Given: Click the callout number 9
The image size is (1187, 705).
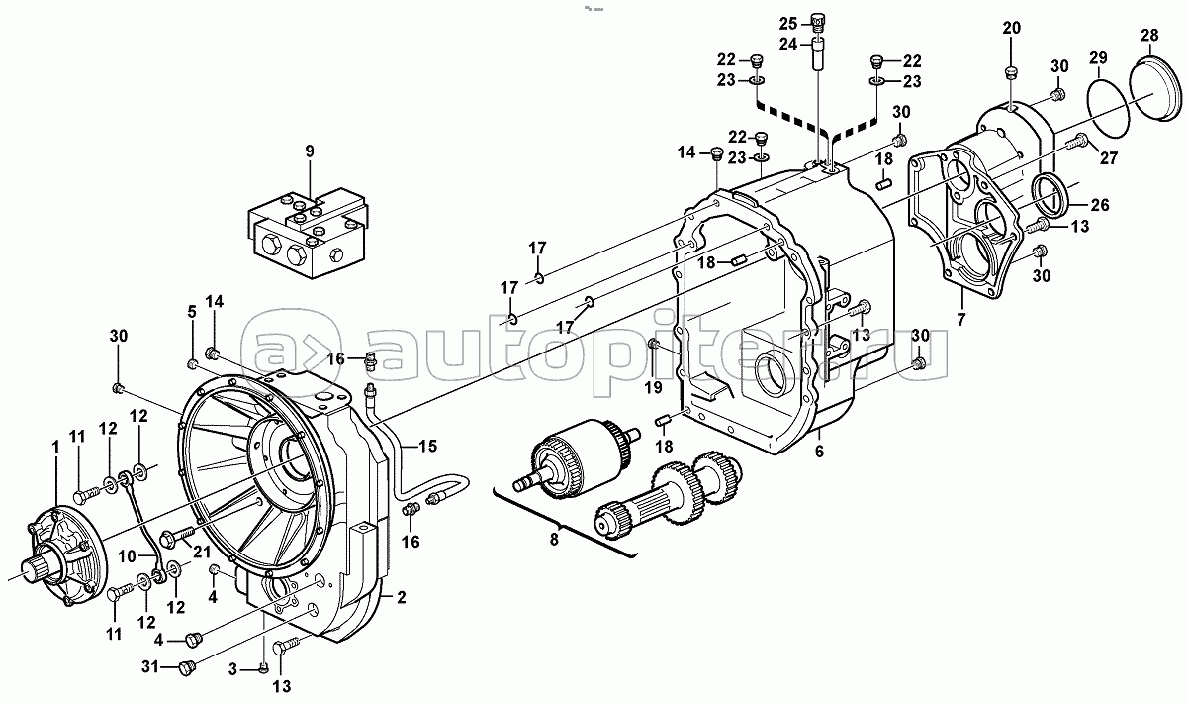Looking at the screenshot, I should (309, 151).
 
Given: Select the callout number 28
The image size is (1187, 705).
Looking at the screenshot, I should (1148, 37).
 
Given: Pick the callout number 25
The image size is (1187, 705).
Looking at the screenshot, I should (787, 23).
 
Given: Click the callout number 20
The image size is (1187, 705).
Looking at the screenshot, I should (1010, 27).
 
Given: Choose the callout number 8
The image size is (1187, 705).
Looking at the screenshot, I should (553, 539).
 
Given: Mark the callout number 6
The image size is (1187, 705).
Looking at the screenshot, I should (818, 452).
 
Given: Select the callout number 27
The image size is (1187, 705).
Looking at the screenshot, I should (1107, 155).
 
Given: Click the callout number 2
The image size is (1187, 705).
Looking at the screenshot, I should (402, 598).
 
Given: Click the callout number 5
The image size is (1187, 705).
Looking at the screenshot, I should (193, 312).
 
